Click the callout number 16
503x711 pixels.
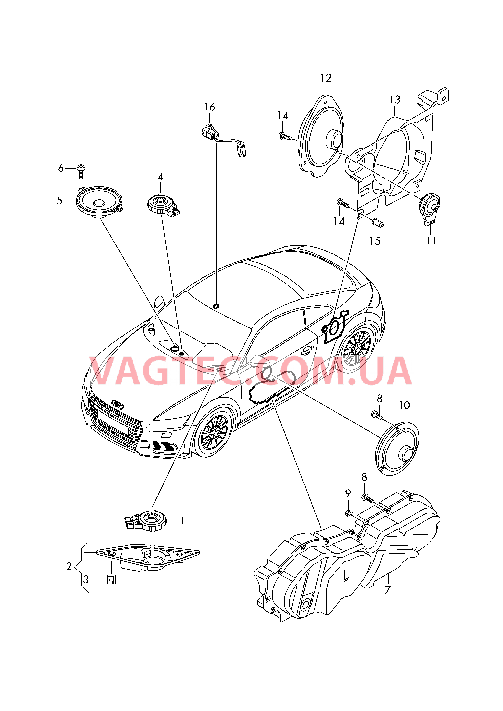point(210,107)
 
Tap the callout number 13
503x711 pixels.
point(395,100)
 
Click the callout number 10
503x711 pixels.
point(404,405)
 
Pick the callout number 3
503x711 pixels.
point(86,580)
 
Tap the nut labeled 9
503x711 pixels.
point(348,514)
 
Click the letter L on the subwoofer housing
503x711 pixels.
point(345,576)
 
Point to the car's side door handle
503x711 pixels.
point(307,350)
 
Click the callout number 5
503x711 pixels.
point(59,201)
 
